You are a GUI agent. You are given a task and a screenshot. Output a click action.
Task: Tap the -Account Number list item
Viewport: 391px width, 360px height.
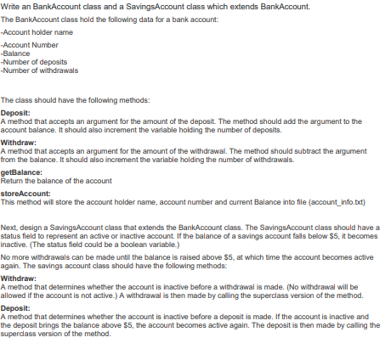point(30,44)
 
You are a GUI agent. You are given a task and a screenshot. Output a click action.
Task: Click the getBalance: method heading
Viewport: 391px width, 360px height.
point(21,172)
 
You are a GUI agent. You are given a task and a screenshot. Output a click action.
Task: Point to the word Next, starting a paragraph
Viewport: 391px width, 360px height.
point(9,227)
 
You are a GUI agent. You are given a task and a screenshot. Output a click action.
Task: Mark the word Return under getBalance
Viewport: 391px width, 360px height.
point(12,180)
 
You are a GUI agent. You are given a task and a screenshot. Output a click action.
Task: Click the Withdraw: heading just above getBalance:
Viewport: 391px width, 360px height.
point(19,143)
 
